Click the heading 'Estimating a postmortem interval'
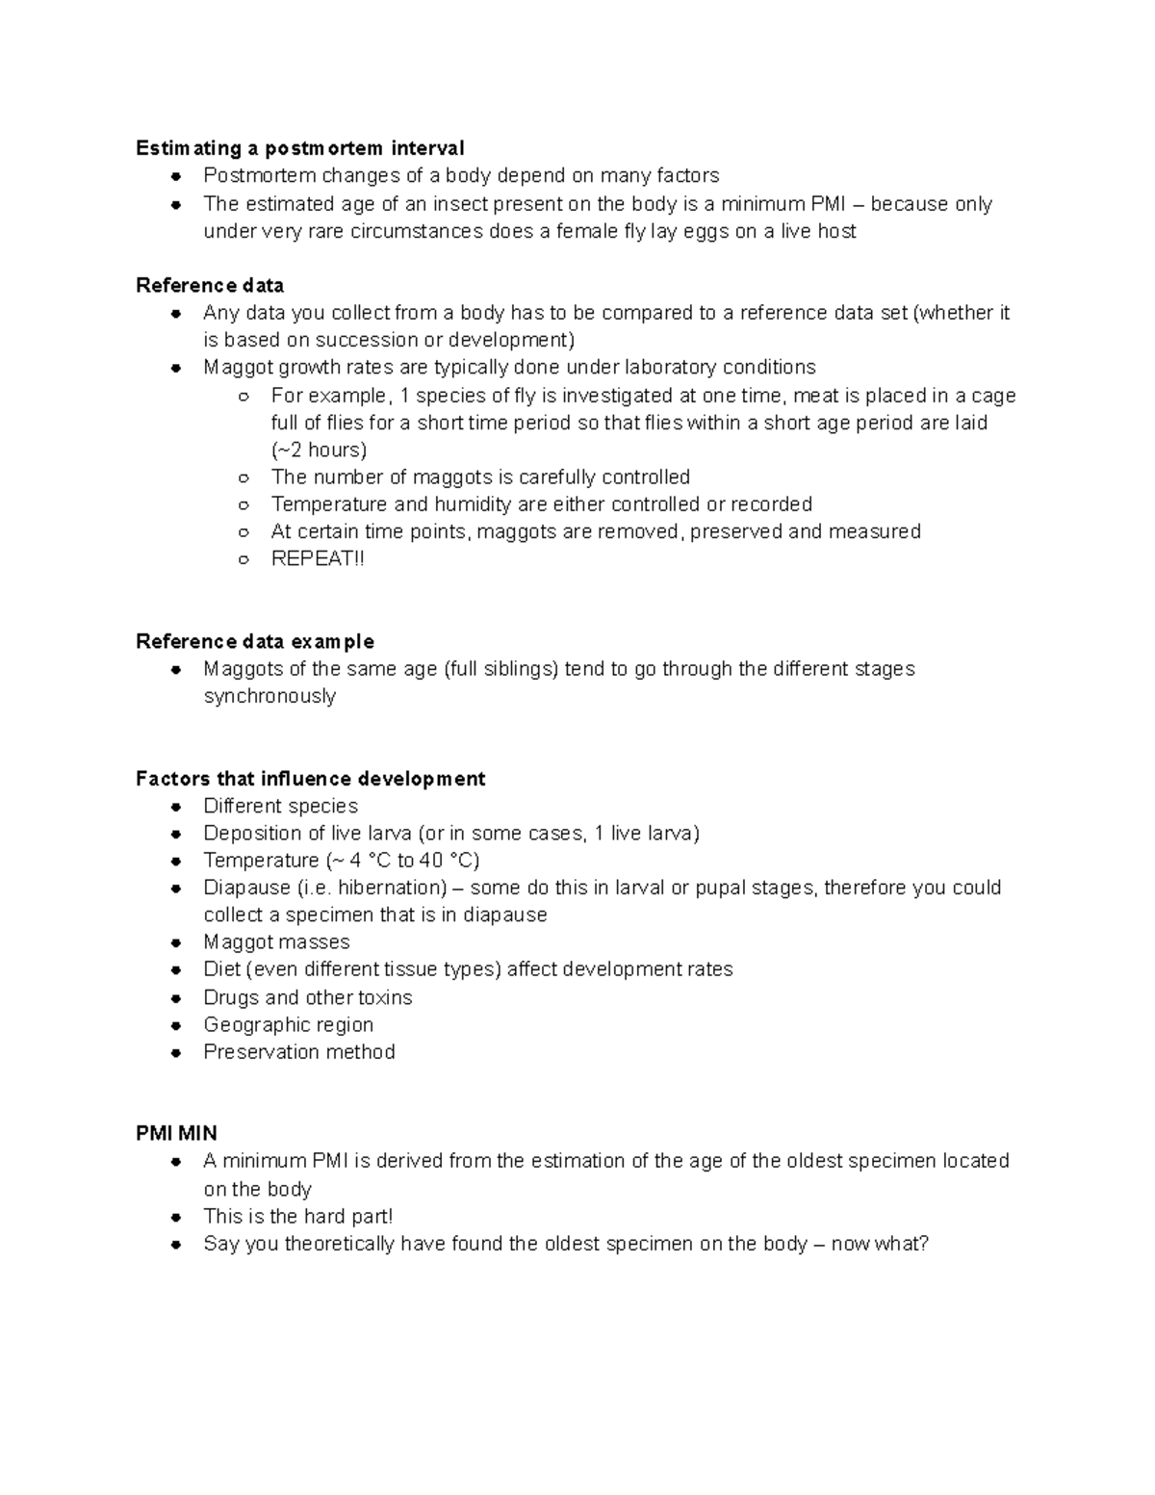click(299, 148)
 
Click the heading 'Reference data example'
click(255, 641)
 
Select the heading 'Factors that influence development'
click(310, 778)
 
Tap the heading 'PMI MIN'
click(176, 1133)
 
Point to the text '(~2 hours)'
click(319, 450)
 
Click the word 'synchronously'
click(269, 696)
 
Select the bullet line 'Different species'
click(280, 806)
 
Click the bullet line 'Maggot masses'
click(276, 941)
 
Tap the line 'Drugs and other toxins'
click(307, 997)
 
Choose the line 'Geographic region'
click(288, 1024)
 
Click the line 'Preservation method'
click(298, 1051)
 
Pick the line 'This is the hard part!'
click(297, 1216)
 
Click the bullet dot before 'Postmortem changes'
click(176, 176)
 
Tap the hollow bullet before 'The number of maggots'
click(244, 477)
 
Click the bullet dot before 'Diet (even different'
click(176, 970)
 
